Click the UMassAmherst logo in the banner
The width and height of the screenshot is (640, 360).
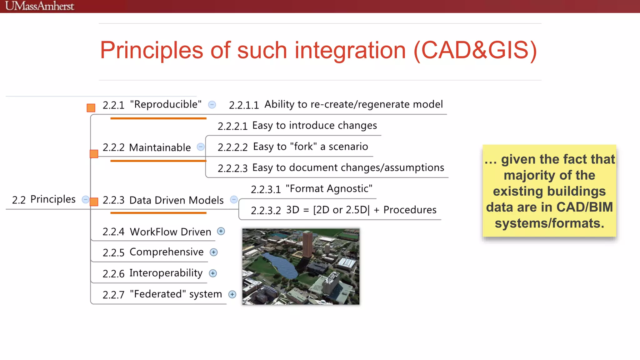[40, 6]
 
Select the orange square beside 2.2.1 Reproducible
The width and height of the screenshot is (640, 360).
[91, 108]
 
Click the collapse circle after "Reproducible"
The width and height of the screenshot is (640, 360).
[212, 105]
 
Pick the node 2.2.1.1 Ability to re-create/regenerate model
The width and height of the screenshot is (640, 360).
[336, 105]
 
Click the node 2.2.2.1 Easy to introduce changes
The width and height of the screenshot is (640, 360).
[297, 126]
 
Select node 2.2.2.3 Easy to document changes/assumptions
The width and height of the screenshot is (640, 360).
[331, 168]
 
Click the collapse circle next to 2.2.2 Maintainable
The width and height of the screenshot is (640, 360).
[201, 147]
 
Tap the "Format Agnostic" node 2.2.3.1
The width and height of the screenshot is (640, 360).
[312, 189]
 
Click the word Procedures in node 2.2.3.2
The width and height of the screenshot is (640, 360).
[410, 210]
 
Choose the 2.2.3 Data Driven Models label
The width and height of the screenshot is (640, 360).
[163, 200]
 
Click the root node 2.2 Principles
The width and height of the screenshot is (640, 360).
[44, 199]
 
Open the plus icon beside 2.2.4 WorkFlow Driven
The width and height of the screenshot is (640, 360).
[221, 231]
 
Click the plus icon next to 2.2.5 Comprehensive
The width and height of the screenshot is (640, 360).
[214, 252]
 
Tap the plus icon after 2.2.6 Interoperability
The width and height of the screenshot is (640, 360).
[213, 273]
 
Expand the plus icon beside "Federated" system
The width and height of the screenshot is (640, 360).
[232, 294]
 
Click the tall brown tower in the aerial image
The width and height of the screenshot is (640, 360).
[308, 244]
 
